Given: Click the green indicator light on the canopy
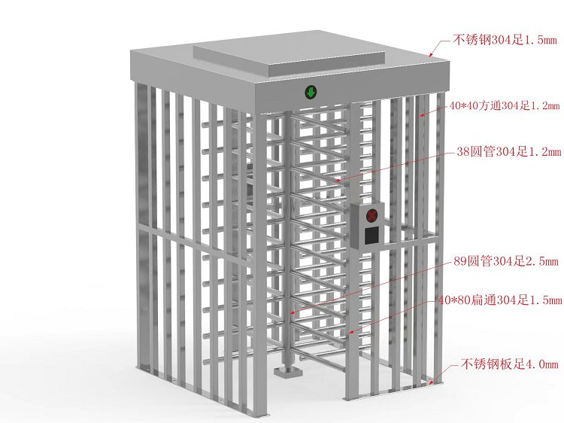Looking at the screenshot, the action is click(x=311, y=92).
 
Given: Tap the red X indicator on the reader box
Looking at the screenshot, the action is click(x=372, y=216).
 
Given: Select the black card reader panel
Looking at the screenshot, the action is click(x=371, y=236).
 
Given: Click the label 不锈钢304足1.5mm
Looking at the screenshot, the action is click(x=505, y=40).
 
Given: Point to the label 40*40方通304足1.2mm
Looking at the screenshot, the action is click(x=505, y=105).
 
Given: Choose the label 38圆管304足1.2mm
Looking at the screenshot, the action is click(x=508, y=151).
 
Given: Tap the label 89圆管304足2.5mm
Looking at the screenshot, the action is click(x=506, y=261).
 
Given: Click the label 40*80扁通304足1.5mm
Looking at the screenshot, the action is click(x=500, y=300).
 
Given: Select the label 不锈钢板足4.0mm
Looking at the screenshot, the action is click(x=509, y=364).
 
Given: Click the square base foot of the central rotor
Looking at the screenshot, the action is click(x=287, y=372).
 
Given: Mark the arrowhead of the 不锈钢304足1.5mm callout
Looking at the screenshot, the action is click(x=430, y=55).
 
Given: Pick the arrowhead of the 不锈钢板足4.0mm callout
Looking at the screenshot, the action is click(x=432, y=382).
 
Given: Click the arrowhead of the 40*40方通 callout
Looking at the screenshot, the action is click(x=422, y=115).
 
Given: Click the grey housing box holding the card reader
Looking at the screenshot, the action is click(x=367, y=226).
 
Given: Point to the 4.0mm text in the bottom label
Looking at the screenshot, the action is click(x=541, y=365).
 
